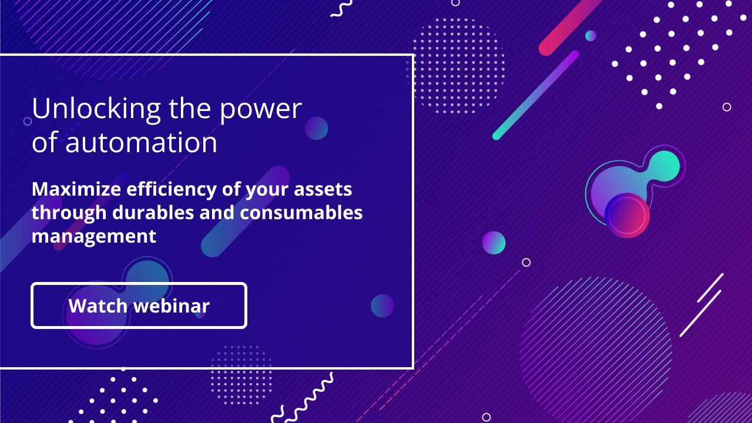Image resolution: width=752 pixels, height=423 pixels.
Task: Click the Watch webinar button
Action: tap(139, 305)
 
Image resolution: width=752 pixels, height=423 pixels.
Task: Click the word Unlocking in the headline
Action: tap(96, 109)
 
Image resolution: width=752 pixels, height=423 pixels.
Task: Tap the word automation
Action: tap(141, 143)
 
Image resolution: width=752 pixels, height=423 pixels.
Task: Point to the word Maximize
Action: tap(76, 189)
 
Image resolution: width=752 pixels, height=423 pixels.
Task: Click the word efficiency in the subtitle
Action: tap(172, 190)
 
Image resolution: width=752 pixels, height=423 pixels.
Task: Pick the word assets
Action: tap(323, 190)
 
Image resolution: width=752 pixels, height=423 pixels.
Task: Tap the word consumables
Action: tap(301, 213)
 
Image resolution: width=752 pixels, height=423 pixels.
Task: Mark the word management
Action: tap(94, 237)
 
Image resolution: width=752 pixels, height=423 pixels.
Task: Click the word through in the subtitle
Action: tap(69, 213)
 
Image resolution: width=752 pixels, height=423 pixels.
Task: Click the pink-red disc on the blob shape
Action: tap(627, 216)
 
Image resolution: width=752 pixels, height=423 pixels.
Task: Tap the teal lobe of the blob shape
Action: tap(664, 166)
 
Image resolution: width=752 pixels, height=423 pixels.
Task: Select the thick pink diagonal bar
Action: tap(569, 27)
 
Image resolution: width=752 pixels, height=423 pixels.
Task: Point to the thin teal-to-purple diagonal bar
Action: tap(535, 95)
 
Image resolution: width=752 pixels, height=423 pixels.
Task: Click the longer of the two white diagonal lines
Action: tap(700, 313)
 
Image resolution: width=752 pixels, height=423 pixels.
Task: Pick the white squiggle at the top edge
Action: tap(342, 8)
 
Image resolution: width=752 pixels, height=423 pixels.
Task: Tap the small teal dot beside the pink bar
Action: tap(590, 36)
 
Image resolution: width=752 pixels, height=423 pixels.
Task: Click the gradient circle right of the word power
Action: tap(316, 128)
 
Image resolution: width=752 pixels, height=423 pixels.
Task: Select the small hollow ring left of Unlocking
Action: tap(28, 121)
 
